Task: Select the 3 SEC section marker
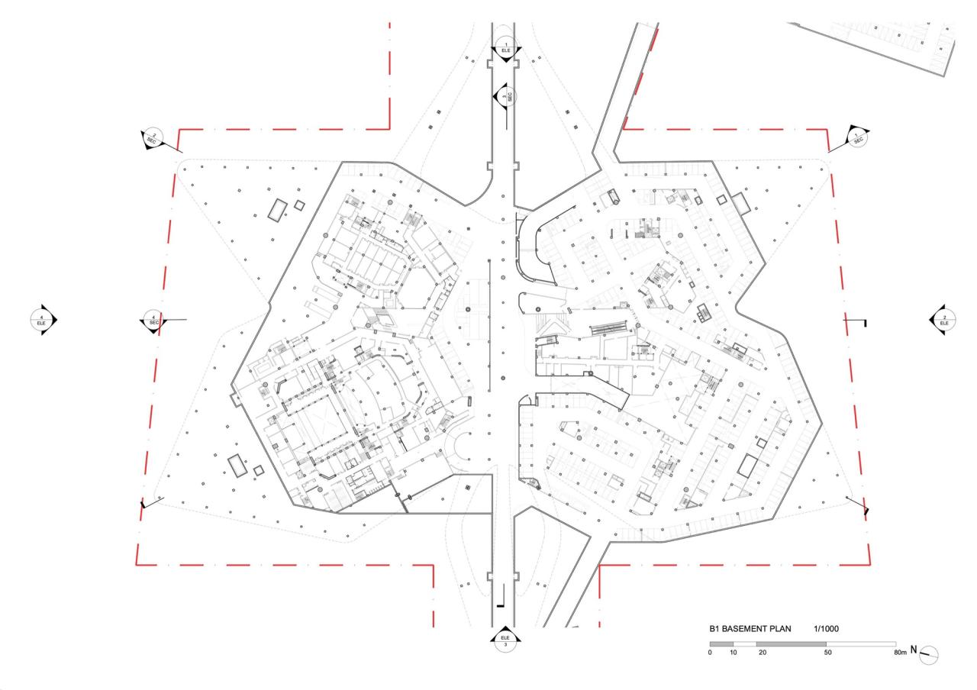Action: pyautogui.click(x=505, y=96)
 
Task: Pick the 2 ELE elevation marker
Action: pyautogui.click(x=944, y=320)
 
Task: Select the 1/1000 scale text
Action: pyautogui.click(x=827, y=629)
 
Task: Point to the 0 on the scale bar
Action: pyautogui.click(x=711, y=654)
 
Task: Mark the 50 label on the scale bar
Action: pyautogui.click(x=827, y=654)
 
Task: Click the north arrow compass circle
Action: pyautogui.click(x=929, y=654)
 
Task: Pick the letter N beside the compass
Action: pyautogui.click(x=914, y=653)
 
